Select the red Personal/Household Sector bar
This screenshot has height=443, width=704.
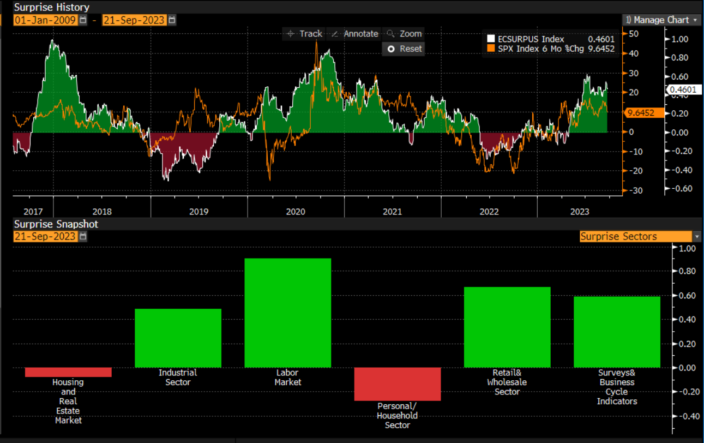(397, 384)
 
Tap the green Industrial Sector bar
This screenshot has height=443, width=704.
(178, 338)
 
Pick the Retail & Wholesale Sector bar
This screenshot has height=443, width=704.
(507, 327)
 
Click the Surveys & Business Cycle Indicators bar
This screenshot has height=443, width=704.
(617, 332)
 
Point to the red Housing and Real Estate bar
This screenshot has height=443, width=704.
(68, 372)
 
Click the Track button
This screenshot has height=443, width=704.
(305, 34)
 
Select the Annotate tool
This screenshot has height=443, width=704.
(355, 34)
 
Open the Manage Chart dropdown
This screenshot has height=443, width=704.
(661, 20)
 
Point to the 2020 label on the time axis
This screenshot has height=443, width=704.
(295, 211)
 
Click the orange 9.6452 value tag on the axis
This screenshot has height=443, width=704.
(643, 113)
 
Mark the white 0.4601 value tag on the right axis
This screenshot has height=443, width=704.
(683, 90)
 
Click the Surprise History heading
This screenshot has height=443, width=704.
(52, 8)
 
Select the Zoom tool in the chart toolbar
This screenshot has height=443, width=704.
(405, 34)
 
